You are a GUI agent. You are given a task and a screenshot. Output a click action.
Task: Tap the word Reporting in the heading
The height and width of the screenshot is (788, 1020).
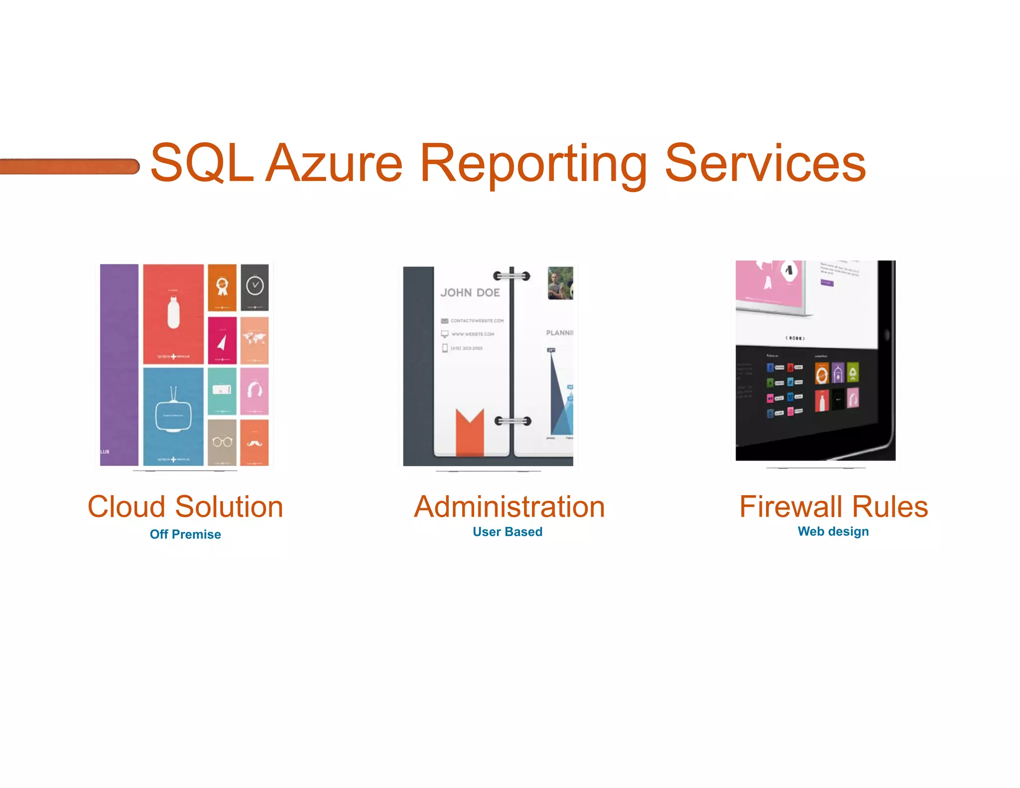(x=533, y=164)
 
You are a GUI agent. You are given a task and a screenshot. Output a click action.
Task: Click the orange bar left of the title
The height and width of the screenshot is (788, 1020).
(x=69, y=166)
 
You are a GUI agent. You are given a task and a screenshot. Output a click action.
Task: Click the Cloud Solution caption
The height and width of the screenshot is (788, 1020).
(x=185, y=507)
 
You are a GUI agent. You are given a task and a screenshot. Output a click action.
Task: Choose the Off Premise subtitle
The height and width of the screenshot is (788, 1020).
(x=185, y=534)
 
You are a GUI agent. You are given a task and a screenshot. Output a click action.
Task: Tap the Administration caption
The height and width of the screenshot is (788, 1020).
(x=509, y=507)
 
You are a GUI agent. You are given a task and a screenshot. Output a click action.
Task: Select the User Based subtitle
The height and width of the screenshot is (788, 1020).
(x=508, y=532)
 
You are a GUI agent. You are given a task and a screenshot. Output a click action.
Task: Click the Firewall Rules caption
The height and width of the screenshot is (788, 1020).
(x=834, y=507)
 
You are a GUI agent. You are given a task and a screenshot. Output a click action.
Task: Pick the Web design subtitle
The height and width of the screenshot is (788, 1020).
(x=833, y=531)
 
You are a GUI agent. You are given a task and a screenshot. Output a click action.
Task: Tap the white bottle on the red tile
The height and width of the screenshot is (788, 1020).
(x=173, y=312)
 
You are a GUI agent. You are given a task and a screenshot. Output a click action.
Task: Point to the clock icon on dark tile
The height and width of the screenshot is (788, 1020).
(x=255, y=285)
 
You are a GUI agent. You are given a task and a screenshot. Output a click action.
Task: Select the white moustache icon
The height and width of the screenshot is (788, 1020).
(x=254, y=442)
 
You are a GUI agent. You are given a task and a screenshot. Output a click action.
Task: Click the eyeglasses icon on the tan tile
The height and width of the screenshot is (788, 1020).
(x=222, y=442)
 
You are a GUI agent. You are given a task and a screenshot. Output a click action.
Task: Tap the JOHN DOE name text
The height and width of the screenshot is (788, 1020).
(x=470, y=293)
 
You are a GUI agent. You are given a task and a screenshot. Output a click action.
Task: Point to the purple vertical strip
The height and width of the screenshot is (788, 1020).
(x=119, y=364)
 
